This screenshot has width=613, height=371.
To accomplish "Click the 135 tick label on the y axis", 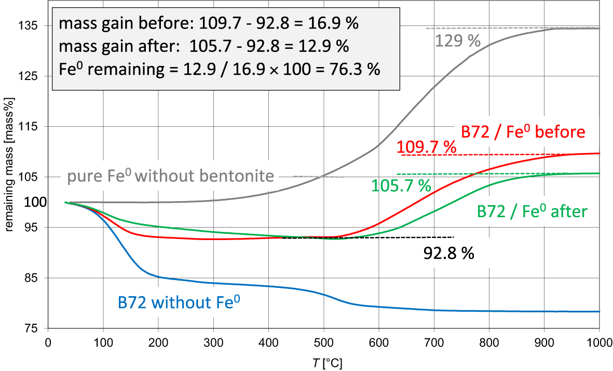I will point(30,26).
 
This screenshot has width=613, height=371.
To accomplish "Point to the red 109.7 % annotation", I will point(426,148).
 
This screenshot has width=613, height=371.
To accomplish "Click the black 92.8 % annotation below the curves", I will point(449,253).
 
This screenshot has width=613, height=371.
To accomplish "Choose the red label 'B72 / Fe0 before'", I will point(523,132).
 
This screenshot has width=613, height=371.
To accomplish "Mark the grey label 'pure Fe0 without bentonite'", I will point(170,177).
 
